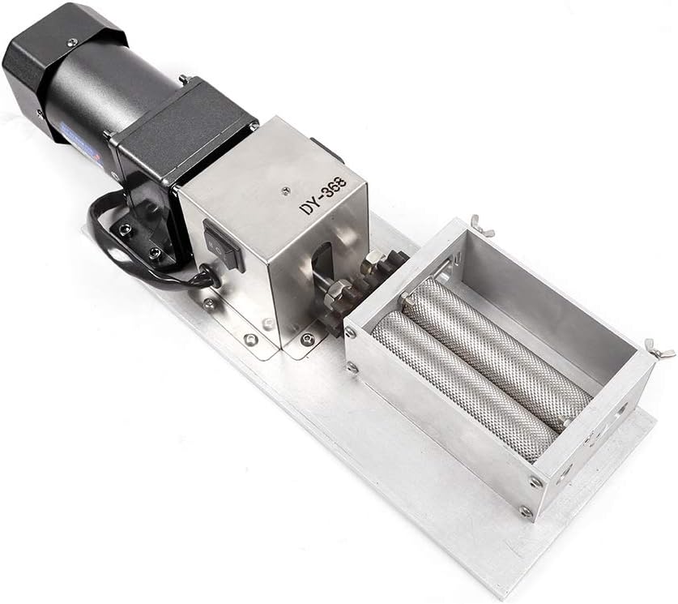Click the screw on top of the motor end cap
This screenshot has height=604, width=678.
tap(72, 41)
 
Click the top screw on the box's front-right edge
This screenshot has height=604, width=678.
tap(535, 482)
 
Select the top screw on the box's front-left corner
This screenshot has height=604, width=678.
tap(350, 332)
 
